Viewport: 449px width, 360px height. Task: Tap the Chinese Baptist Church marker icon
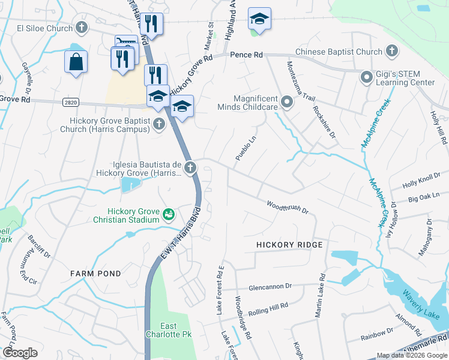(x=392, y=52)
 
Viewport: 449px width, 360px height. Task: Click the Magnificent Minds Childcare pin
(x=287, y=102)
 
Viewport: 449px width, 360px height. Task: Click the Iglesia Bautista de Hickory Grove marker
(x=190, y=167)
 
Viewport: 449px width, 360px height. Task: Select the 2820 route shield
(x=70, y=103)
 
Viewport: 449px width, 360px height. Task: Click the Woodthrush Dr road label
(x=288, y=207)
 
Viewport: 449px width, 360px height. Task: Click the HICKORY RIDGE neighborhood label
(x=289, y=245)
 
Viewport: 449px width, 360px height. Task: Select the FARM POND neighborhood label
(x=95, y=274)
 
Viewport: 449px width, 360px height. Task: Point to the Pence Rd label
(x=246, y=55)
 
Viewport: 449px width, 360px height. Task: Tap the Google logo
(x=20, y=353)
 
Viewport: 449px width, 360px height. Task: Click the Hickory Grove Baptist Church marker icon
(x=158, y=124)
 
